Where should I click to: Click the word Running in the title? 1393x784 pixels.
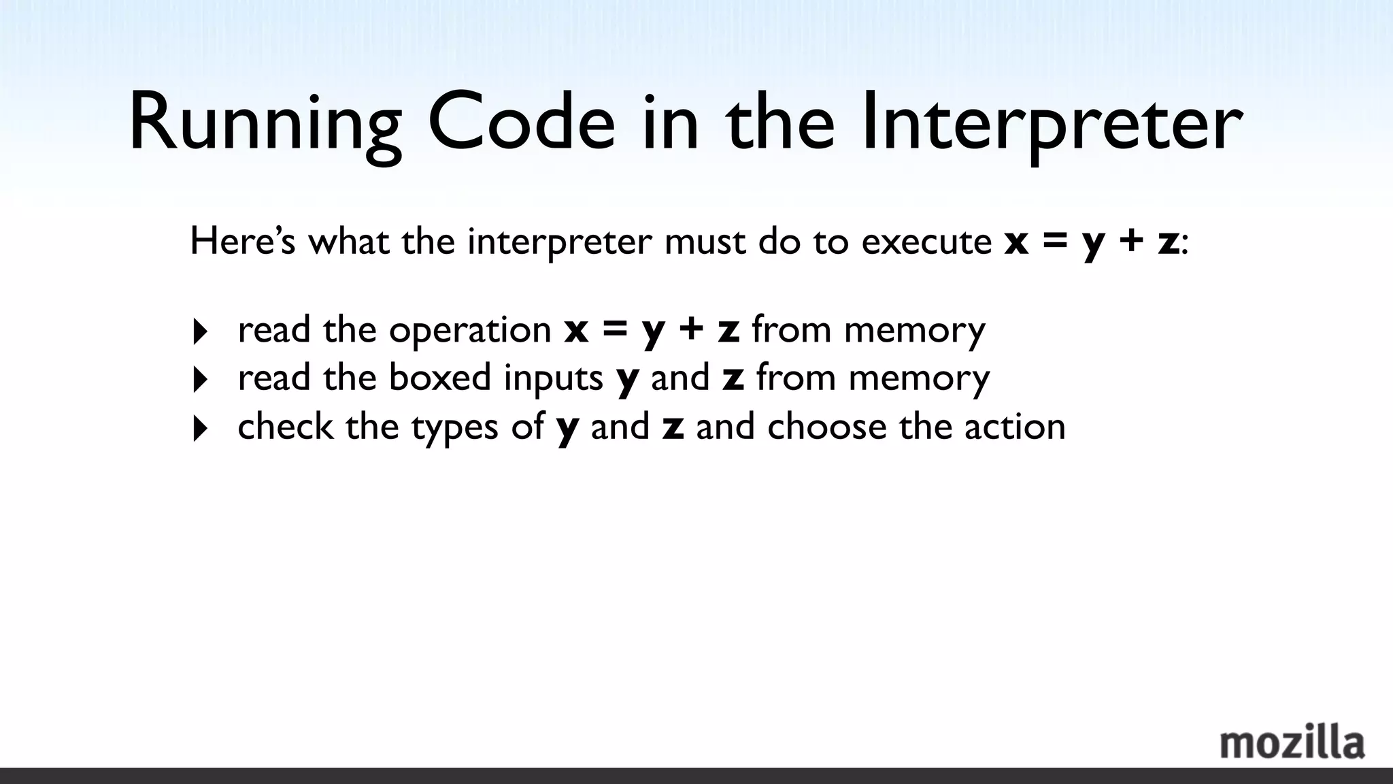click(x=265, y=125)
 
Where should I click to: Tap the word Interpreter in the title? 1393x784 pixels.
click(x=1052, y=125)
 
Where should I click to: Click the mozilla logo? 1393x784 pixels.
click(x=1292, y=743)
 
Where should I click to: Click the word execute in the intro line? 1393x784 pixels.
click(x=926, y=242)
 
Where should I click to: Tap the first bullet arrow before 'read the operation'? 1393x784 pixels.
click(x=200, y=332)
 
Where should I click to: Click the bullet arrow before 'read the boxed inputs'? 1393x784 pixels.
click(x=200, y=380)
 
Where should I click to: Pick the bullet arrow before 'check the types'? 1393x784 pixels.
click(x=200, y=429)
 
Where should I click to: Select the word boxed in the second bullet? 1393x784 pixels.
click(x=439, y=378)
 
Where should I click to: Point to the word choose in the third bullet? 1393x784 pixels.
click(x=827, y=427)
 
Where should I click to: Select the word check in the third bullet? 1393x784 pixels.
click(x=285, y=427)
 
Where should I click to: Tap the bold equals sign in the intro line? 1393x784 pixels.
click(x=1054, y=242)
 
